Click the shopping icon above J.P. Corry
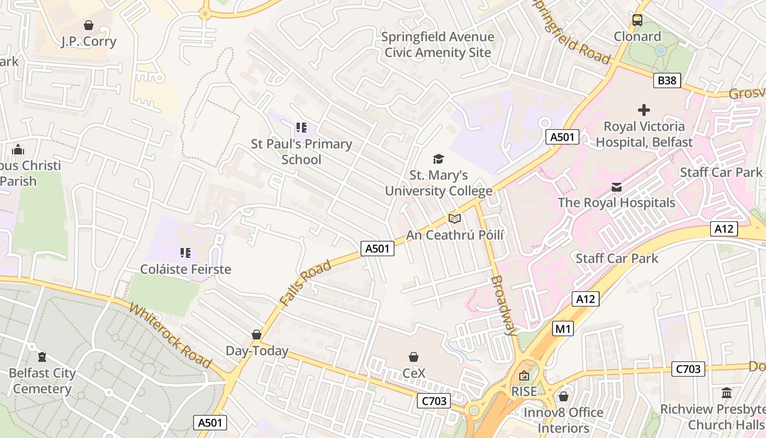(x=89, y=25)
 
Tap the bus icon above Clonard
(x=637, y=20)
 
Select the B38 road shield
(x=667, y=80)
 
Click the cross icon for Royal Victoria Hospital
(x=644, y=110)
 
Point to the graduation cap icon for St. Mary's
(x=438, y=159)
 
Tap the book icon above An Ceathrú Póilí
(x=454, y=218)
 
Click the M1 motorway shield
(x=562, y=328)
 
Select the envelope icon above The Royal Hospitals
(x=617, y=187)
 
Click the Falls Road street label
(x=305, y=283)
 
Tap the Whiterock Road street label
(x=170, y=335)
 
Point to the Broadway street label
(x=504, y=305)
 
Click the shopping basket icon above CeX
(x=414, y=357)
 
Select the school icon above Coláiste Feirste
(x=185, y=253)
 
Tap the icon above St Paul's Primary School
(x=301, y=128)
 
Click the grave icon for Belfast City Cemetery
(x=42, y=357)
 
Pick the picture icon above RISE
(x=524, y=376)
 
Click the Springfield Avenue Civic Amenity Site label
(x=438, y=45)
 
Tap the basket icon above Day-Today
(x=257, y=334)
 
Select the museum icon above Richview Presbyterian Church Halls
(x=727, y=393)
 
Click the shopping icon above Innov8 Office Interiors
(x=564, y=396)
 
